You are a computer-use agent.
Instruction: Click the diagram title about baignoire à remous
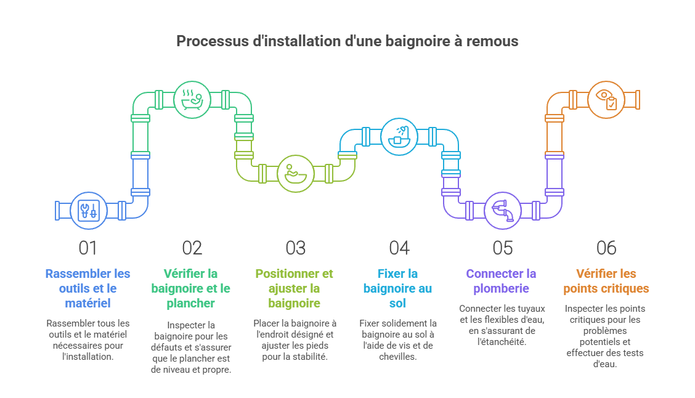click(x=347, y=41)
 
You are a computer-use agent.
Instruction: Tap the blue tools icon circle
click(x=89, y=210)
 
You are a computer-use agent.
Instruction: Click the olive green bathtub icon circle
click(x=295, y=173)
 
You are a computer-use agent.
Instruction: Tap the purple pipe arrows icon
click(x=502, y=210)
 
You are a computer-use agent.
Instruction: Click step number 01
click(x=88, y=248)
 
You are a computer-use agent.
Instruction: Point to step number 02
click(x=192, y=248)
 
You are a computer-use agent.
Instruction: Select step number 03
click(x=296, y=248)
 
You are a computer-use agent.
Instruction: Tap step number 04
click(x=399, y=248)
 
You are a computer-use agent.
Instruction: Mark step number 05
click(x=503, y=248)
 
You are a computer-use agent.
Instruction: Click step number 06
click(x=606, y=248)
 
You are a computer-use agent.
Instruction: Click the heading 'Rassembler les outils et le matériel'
click(x=89, y=288)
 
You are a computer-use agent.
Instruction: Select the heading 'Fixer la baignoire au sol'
click(x=399, y=288)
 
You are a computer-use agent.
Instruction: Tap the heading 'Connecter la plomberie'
click(x=502, y=281)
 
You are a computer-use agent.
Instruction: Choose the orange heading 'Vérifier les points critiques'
click(x=606, y=281)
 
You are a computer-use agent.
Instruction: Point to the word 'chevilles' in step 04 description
click(x=398, y=357)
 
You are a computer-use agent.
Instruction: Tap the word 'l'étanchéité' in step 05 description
click(x=502, y=342)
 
